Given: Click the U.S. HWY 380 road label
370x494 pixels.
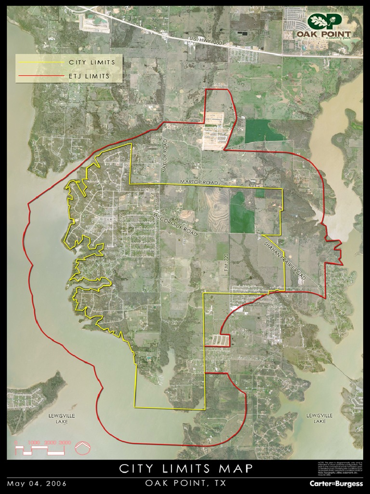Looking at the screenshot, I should tap(207, 42).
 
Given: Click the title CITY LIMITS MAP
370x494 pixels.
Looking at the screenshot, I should tap(185, 469).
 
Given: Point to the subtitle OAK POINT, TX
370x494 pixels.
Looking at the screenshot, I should tap(185, 483).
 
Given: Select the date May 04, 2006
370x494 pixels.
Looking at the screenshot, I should tap(37, 483).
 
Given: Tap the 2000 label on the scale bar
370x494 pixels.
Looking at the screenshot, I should tap(51, 442).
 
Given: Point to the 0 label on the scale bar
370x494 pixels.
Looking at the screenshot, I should tap(17, 442).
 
